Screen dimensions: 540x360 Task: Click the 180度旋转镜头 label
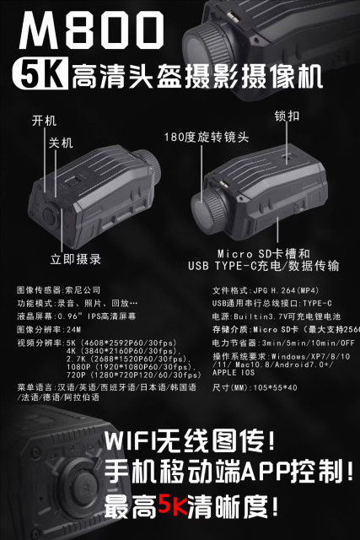pos(196,136)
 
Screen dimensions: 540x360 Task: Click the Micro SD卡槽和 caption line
pos(263,252)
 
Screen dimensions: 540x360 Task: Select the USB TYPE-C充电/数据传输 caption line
pos(263,266)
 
